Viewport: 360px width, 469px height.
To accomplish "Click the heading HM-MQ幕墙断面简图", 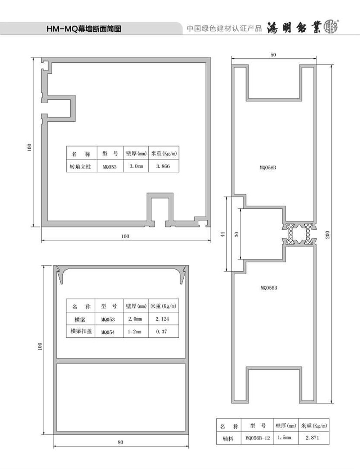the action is [84, 29].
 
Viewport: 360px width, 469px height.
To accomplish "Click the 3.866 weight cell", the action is [164, 166].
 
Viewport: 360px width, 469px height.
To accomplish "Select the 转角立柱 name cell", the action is [82, 166].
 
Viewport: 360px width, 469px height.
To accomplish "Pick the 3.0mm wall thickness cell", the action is [136, 166].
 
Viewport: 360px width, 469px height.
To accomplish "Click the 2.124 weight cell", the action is [163, 319].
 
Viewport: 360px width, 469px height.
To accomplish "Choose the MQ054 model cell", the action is [109, 331].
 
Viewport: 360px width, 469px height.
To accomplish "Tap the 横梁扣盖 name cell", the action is [81, 331].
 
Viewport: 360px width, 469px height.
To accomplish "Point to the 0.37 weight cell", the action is [163, 331].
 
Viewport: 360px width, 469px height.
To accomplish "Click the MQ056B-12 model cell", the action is [257, 438].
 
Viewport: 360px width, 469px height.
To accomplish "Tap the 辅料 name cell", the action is [229, 438].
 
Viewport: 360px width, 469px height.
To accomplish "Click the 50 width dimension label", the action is [273, 55].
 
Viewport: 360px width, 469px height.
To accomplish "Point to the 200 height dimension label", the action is [328, 235].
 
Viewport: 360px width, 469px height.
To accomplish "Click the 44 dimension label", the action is [223, 234].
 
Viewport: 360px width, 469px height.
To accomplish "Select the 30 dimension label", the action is [237, 234].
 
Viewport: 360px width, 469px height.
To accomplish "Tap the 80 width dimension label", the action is [121, 442].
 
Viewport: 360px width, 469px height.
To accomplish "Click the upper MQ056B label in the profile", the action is [268, 167].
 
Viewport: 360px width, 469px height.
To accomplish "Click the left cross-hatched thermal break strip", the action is [291, 234].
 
